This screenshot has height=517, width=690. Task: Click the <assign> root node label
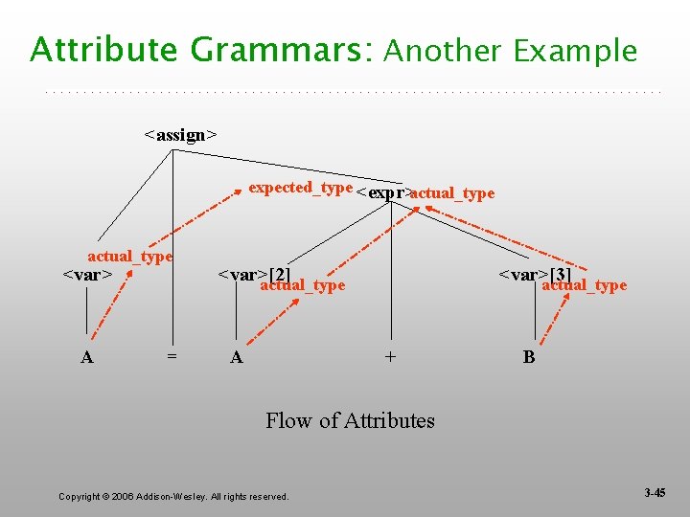point(180,135)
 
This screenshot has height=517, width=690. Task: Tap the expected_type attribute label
point(300,188)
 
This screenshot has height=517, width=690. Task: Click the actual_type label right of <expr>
point(452,193)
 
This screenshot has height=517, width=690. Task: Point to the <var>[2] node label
point(254,275)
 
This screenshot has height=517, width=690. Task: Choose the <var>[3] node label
point(535,276)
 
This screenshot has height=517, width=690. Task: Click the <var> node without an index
point(88,276)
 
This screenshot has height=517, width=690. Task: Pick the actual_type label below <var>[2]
point(302,285)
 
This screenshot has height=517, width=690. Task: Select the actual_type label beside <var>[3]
point(584,285)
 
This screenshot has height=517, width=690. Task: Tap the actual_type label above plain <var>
point(129,257)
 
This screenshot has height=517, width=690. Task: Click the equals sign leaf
point(172,357)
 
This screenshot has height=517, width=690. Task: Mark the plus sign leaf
point(390,357)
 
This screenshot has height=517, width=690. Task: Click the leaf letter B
point(529,357)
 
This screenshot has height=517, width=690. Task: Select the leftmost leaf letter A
point(87,357)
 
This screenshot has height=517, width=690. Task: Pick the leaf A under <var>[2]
point(237,357)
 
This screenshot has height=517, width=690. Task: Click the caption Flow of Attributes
point(350,420)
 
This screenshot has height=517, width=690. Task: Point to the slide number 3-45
point(655,493)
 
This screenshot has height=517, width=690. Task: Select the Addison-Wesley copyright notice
point(173,496)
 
